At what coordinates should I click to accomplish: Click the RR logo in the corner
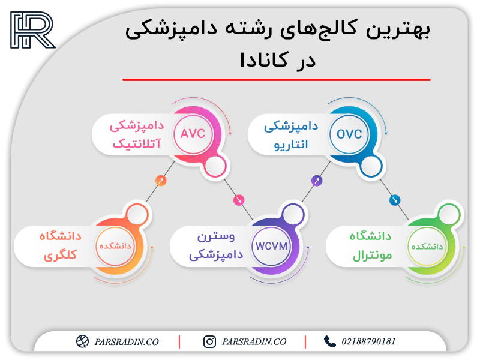(x=33, y=30)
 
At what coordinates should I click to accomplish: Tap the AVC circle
(x=193, y=134)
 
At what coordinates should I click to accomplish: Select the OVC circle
(x=349, y=134)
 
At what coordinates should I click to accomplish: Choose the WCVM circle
(x=271, y=246)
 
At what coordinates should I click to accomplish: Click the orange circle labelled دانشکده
(x=115, y=246)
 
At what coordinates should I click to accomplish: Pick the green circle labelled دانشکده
(x=427, y=246)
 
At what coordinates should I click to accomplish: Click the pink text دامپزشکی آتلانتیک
(x=137, y=134)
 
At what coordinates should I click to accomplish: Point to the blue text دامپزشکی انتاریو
(x=291, y=136)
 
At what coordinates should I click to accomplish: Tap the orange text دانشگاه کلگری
(x=61, y=245)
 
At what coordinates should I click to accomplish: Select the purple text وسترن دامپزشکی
(x=216, y=245)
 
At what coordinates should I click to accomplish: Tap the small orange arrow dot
(x=161, y=181)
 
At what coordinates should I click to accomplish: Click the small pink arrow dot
(x=239, y=200)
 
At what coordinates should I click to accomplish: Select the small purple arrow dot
(x=317, y=181)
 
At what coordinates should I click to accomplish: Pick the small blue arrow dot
(x=395, y=200)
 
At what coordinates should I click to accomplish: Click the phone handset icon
(x=329, y=341)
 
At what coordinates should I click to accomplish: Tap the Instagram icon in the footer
(x=209, y=341)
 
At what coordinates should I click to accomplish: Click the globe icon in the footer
(x=82, y=341)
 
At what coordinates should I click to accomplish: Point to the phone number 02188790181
(x=368, y=341)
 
